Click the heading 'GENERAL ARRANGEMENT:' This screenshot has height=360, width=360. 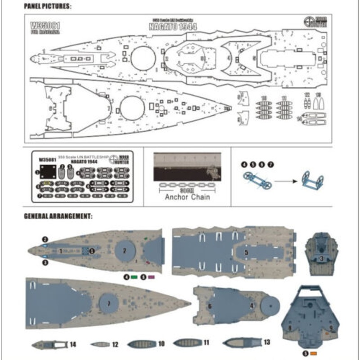58,216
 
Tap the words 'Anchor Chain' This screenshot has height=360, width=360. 187,197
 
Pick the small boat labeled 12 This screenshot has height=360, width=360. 99,345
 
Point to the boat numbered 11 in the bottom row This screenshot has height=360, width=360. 187,343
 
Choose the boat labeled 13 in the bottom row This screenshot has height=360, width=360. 241,342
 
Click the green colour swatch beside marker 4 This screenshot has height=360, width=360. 134,277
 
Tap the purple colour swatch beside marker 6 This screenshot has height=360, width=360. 150,277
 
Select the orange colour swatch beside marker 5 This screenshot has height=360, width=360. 314,352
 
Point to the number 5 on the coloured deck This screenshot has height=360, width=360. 246,252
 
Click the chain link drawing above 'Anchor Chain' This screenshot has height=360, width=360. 187,184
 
